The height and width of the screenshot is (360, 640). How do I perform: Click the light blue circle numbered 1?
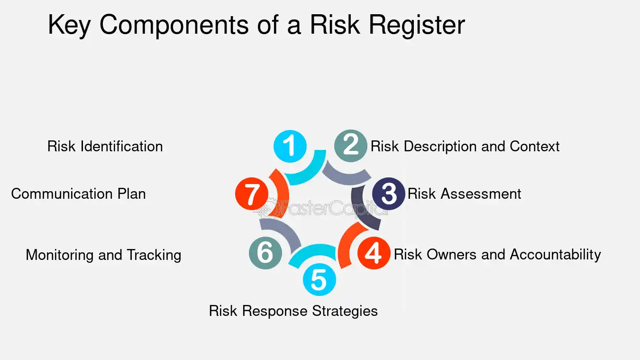[290, 146]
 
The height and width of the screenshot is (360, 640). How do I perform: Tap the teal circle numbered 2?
[350, 146]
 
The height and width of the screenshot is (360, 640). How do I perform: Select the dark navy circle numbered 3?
[389, 194]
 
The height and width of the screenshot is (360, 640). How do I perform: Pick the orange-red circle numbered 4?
[374, 253]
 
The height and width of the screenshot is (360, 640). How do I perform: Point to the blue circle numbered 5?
[319, 279]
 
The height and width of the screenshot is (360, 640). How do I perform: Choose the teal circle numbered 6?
[265, 253]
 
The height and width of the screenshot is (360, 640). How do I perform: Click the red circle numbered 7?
[252, 194]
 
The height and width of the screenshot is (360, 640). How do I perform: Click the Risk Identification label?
[105, 147]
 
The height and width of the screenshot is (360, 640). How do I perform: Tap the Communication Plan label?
[79, 194]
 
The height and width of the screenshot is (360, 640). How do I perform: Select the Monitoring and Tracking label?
[103, 255]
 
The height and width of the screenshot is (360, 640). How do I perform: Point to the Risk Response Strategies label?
[293, 311]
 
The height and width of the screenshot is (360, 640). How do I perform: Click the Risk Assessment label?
[464, 194]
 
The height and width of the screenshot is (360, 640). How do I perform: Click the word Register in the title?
[417, 25]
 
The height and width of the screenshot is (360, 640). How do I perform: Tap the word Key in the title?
[69, 25]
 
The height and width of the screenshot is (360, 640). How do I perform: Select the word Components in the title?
[174, 25]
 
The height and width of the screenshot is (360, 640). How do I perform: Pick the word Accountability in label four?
[556, 255]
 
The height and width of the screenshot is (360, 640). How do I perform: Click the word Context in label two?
[535, 147]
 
